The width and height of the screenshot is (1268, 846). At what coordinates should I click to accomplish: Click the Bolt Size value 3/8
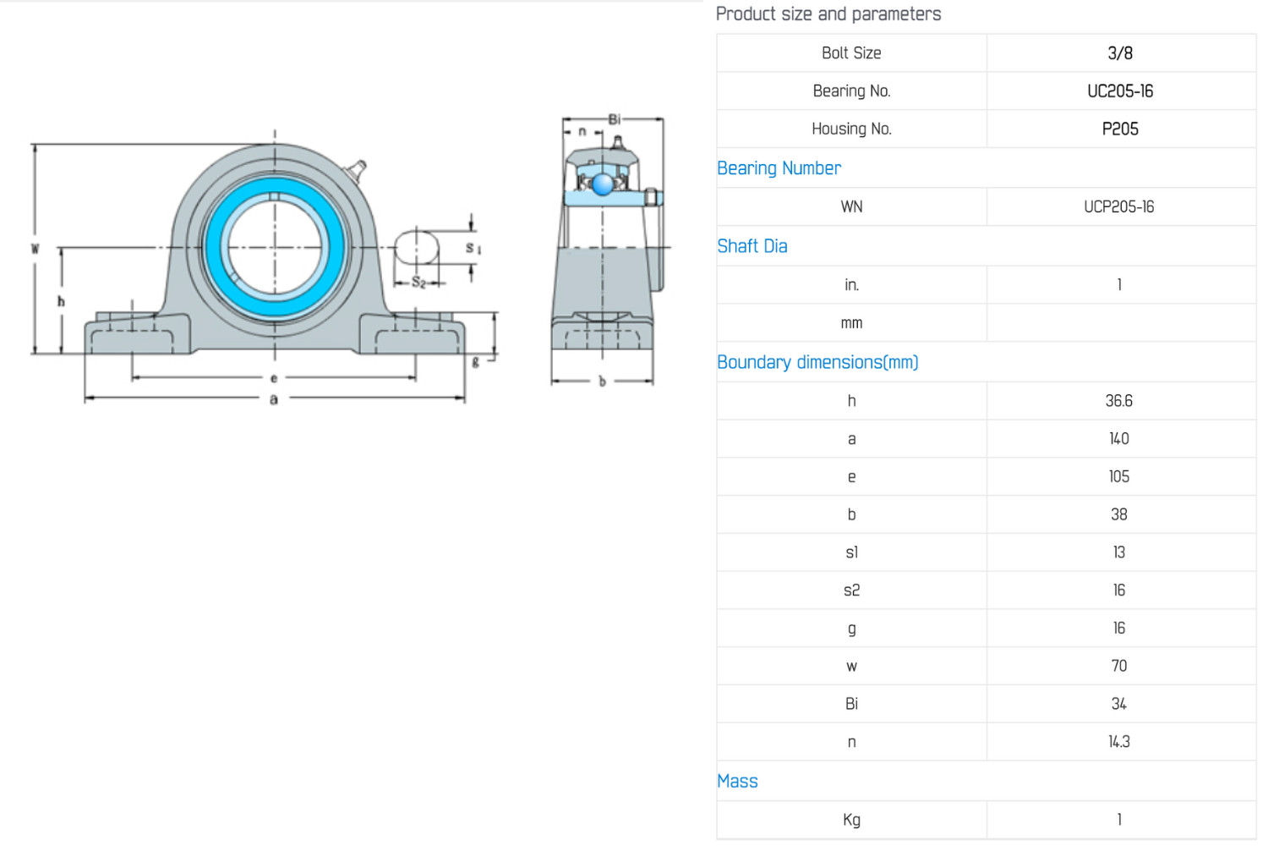click(x=1120, y=53)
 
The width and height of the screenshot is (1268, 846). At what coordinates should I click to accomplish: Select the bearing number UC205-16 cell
click(x=1120, y=91)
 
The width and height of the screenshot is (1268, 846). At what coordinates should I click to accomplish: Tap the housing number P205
click(x=1120, y=129)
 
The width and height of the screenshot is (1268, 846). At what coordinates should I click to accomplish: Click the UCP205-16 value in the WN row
click(x=1118, y=206)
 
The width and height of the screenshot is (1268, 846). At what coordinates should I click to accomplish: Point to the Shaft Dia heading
click(x=752, y=246)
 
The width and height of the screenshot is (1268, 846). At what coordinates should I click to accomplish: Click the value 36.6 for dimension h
click(x=1118, y=401)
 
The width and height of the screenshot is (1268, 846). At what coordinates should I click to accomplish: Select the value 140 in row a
click(x=1118, y=439)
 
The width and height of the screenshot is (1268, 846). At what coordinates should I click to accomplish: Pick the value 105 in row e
click(x=1118, y=476)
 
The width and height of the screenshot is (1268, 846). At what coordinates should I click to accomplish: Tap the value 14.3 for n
click(x=1118, y=742)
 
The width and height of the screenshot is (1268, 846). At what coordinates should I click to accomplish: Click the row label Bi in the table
click(x=851, y=704)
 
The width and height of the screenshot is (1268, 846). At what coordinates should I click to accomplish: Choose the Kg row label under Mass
click(x=851, y=820)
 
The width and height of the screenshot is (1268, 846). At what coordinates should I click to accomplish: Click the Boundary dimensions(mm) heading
click(x=817, y=362)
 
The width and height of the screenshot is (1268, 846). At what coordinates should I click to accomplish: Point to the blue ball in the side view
click(x=602, y=184)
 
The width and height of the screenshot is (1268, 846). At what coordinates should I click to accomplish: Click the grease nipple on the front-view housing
click(x=358, y=170)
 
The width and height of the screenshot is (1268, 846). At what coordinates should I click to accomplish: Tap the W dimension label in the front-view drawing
click(x=36, y=248)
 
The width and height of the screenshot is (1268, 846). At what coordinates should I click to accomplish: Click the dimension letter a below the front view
click(x=274, y=399)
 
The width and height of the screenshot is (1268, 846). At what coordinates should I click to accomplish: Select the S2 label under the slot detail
click(x=418, y=283)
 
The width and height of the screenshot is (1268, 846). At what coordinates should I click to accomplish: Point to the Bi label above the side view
click(x=615, y=119)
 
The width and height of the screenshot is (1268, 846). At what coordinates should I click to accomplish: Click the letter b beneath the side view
click(x=602, y=382)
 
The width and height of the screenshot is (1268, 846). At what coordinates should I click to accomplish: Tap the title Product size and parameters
click(x=828, y=14)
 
